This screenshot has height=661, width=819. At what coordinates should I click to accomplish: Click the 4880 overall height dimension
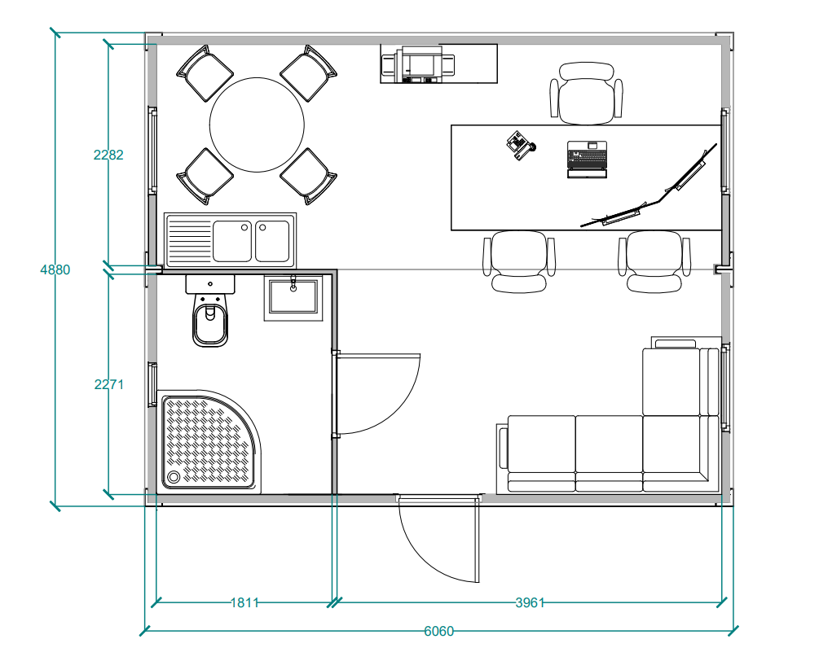(55, 269)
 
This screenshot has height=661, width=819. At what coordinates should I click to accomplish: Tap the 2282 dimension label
(108, 155)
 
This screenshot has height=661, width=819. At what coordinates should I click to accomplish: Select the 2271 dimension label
(108, 384)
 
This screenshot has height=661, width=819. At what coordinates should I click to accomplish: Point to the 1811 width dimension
(244, 602)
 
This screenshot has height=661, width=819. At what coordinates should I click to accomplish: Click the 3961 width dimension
(530, 602)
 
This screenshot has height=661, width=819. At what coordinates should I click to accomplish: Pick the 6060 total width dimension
(438, 631)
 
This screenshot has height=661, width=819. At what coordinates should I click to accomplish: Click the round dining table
(257, 125)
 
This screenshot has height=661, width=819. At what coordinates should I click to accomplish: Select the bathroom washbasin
(293, 297)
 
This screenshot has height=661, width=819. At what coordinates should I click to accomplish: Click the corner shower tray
(209, 441)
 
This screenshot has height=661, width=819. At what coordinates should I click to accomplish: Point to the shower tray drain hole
(174, 477)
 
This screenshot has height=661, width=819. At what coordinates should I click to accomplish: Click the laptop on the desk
(588, 159)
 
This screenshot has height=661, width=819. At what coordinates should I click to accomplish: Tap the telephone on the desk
(521, 146)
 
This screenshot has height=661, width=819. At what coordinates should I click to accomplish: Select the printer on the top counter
(418, 64)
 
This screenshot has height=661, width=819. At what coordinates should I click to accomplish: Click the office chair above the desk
(586, 94)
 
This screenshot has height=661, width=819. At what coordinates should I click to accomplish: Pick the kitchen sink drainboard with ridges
(189, 240)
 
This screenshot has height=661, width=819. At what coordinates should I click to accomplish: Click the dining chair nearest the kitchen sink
(205, 177)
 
